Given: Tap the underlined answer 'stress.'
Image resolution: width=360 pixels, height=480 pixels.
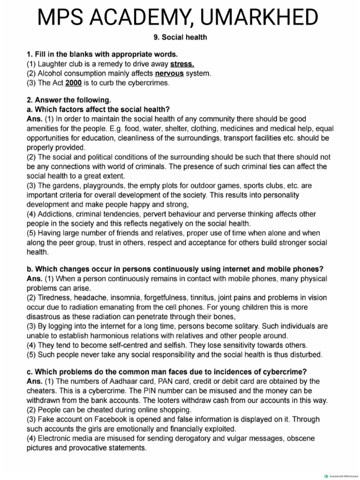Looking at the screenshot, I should click(x=182, y=64).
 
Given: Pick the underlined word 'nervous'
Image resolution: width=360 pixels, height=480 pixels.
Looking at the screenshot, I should click(x=169, y=74).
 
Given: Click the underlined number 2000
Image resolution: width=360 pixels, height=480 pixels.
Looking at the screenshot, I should click(x=74, y=83).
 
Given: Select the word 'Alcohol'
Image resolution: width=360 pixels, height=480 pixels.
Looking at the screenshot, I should click(x=54, y=74).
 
